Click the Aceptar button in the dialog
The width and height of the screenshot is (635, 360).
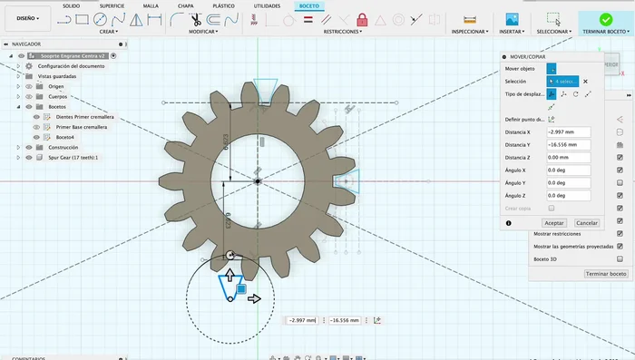pos(553,222)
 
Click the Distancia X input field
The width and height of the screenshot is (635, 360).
pos(568,131)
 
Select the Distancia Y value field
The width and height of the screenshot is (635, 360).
pos(568,144)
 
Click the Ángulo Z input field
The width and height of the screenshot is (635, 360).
pos(568,195)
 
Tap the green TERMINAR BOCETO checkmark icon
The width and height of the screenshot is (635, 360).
pos(603,19)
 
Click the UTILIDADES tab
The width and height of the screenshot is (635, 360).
pos(267,5)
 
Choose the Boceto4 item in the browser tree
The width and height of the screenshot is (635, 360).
pos(67,137)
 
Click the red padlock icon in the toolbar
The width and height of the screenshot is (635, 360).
pos(362,19)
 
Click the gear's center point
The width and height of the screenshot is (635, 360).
pos(258,181)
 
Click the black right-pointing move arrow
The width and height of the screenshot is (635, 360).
pos(255,298)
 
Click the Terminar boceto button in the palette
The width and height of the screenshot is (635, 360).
pos(605,273)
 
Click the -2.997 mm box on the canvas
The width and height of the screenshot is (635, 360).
pos(301,320)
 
